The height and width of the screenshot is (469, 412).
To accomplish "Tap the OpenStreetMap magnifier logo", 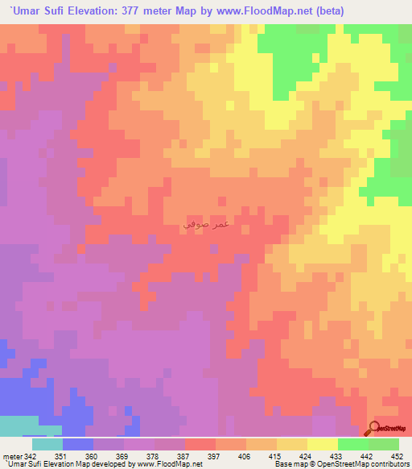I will coord(377,429).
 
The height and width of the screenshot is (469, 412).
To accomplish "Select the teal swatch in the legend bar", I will coord(47,444).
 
